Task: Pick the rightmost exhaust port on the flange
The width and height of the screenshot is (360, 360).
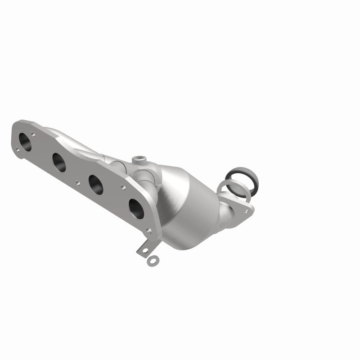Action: (136, 207)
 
